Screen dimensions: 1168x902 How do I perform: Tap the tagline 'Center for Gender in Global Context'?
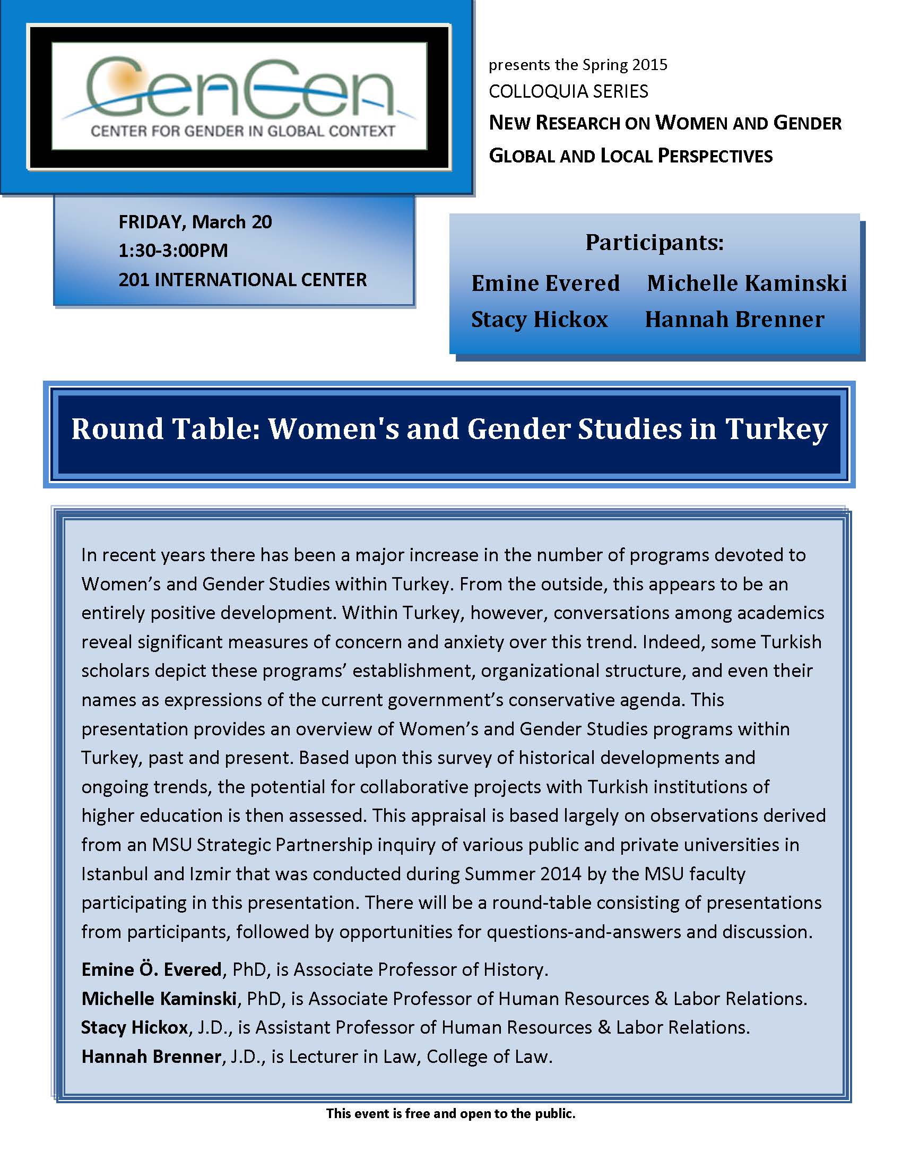[242, 131]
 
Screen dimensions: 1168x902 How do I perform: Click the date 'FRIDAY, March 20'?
[195, 222]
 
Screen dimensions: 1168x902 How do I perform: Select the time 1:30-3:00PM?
[173, 250]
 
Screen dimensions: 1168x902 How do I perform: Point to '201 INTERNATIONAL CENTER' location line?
[242, 280]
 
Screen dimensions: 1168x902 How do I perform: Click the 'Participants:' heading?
[654, 242]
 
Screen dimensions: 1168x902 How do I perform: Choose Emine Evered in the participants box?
[545, 283]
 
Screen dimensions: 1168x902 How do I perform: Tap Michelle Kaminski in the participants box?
[747, 283]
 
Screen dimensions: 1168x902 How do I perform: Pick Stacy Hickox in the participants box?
[539, 319]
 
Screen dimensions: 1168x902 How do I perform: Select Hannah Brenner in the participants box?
[734, 319]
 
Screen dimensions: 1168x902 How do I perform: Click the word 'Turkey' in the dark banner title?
[776, 429]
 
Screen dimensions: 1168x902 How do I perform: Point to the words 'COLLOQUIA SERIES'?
[568, 91]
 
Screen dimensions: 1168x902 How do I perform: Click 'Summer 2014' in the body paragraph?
[523, 874]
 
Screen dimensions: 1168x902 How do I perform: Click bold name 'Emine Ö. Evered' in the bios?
[151, 969]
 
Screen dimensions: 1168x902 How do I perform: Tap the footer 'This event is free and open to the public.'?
[450, 1113]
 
